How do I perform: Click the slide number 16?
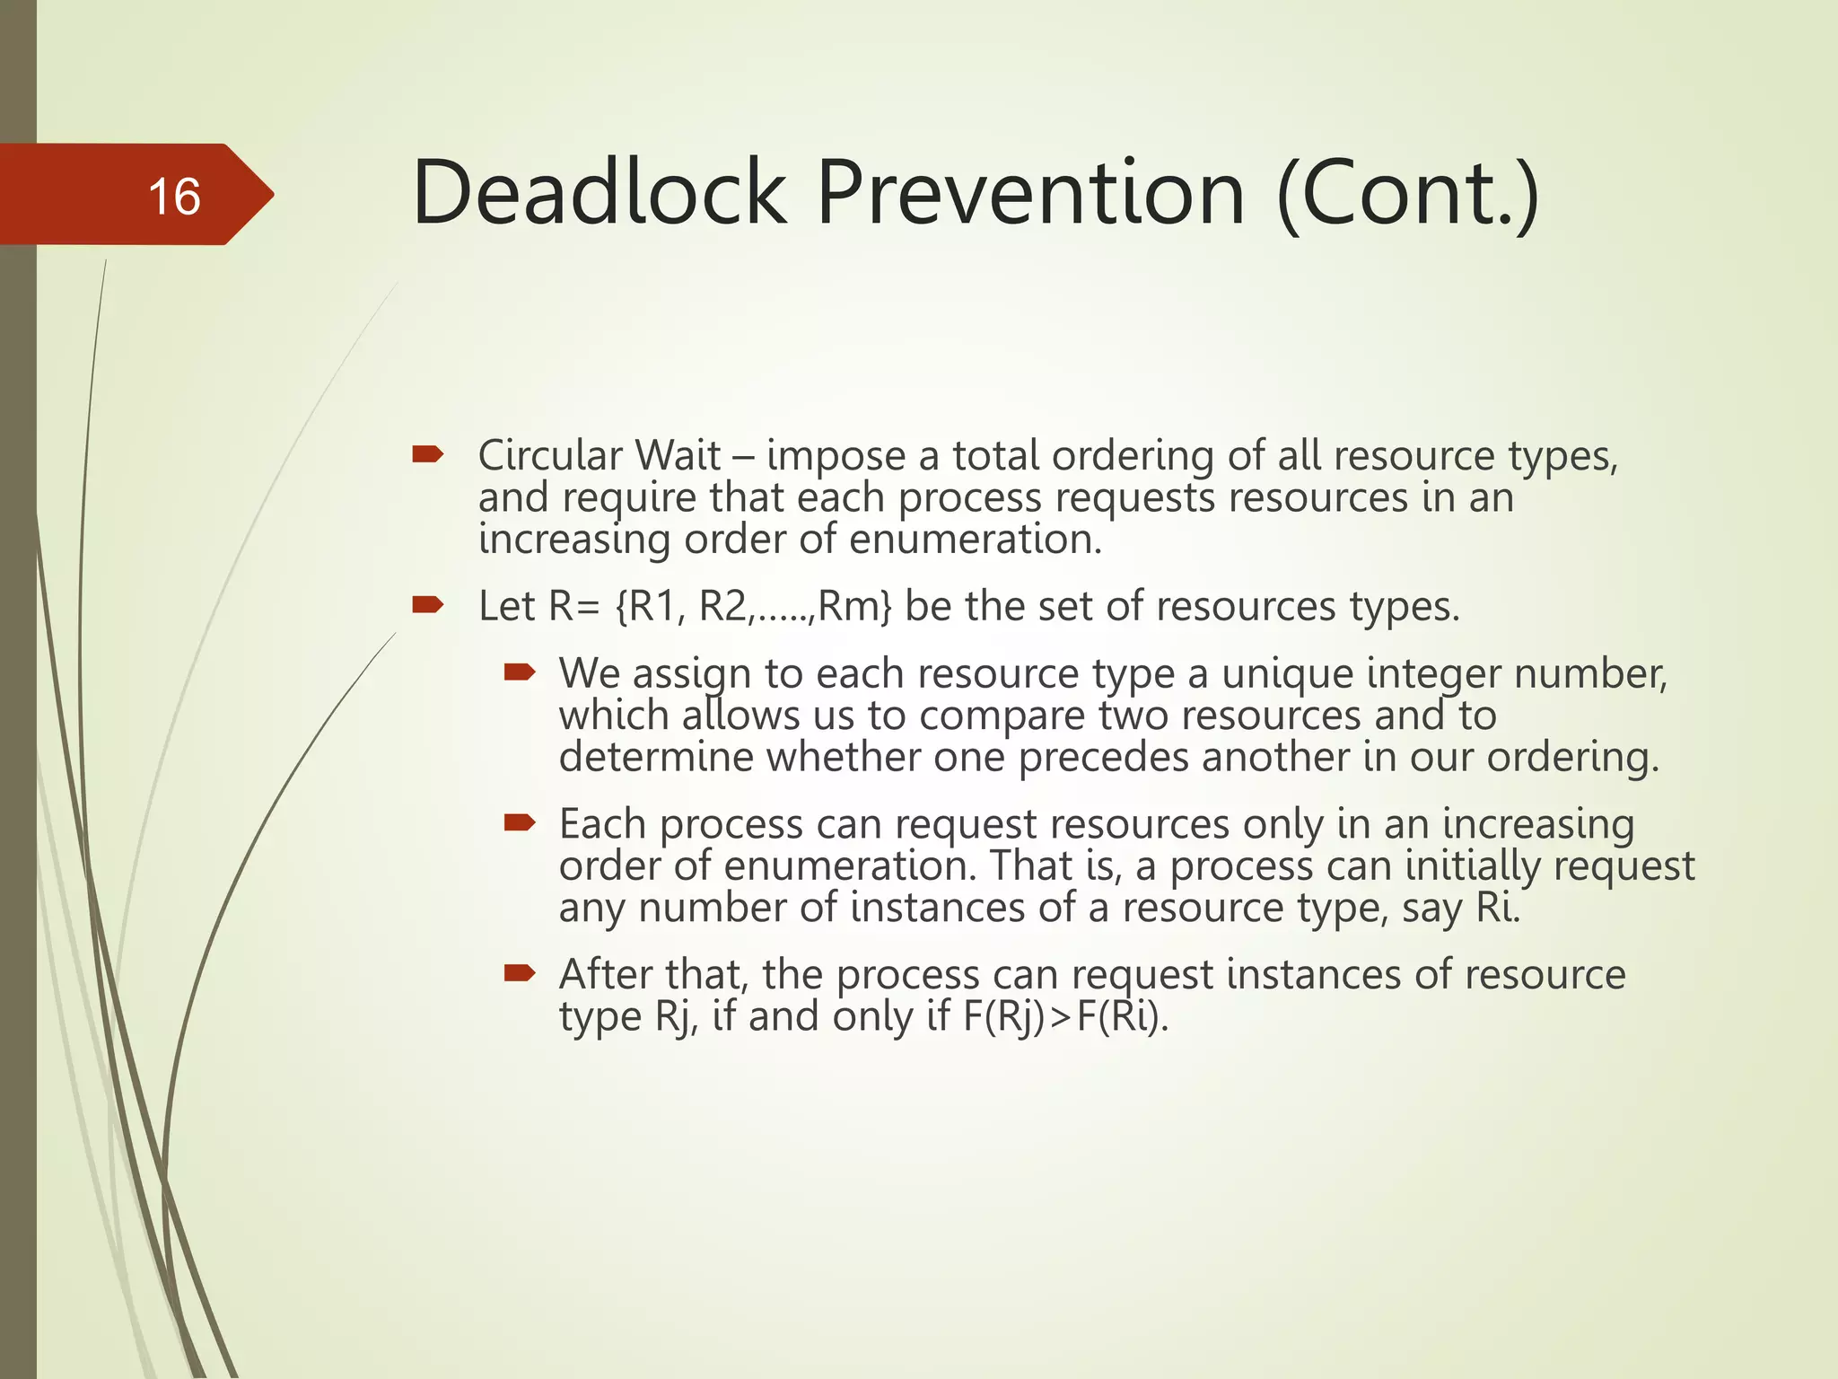coord(174,197)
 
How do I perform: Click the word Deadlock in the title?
coord(599,193)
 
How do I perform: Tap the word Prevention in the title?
coord(1030,193)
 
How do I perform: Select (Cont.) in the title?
coord(1407,195)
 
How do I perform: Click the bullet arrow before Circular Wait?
coord(428,455)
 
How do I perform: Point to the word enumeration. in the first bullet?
coord(975,540)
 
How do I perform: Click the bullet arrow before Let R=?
coord(428,605)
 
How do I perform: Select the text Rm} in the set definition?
coord(854,606)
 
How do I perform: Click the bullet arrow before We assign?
coord(520,672)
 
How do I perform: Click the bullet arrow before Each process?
coord(520,823)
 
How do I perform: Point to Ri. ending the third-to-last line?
coord(1498,908)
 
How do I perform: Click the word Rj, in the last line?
coord(677,1017)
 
